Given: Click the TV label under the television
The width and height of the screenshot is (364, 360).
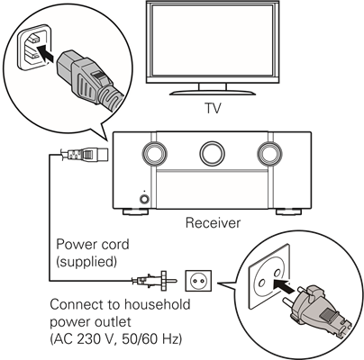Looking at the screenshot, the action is coord(213,108).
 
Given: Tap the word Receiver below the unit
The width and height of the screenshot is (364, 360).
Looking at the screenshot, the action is coord(213,223).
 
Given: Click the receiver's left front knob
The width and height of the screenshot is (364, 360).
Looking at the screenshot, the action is coord(155,154).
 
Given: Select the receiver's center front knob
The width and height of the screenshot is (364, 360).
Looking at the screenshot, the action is coord(212,154).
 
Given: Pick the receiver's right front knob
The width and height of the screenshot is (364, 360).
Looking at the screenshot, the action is coord(269,154).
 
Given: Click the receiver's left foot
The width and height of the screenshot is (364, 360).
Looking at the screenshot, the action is coord(136,211).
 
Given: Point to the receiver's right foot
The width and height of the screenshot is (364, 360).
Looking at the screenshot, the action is coord(288,211).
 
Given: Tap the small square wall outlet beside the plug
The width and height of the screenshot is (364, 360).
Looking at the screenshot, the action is coord(198,281).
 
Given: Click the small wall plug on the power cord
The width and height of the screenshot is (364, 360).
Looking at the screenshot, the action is coord(154,281).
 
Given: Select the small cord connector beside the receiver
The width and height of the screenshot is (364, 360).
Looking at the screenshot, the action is coord(84,155).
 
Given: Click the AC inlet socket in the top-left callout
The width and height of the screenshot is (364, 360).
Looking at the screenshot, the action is coord(32,47).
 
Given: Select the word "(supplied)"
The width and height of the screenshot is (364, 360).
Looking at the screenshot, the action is coord(86,262).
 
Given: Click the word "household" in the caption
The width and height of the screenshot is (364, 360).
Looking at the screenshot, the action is coord(158,304).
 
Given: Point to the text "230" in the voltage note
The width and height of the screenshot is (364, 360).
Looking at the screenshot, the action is coord(87,339).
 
